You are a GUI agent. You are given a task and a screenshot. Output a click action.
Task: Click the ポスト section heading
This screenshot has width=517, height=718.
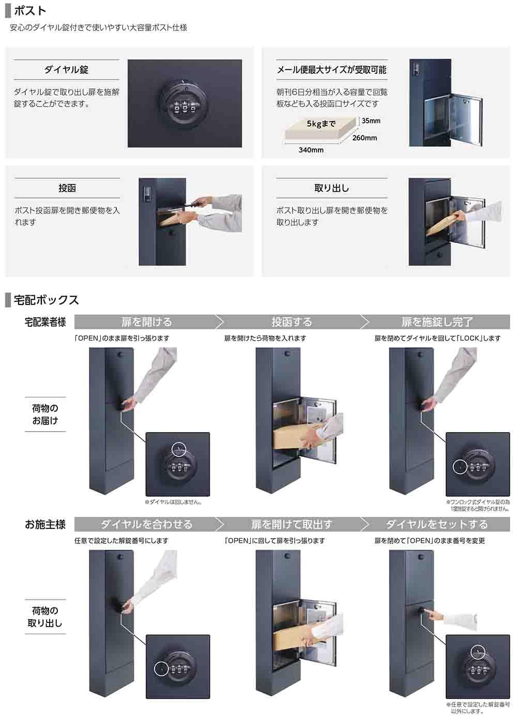(x=30, y=11)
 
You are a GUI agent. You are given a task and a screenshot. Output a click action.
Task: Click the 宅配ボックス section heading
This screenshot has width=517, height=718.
(x=46, y=300)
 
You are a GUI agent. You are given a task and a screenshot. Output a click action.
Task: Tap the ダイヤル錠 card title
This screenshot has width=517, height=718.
(x=66, y=70)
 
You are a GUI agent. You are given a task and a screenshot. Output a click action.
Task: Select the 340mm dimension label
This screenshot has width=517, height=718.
(x=311, y=150)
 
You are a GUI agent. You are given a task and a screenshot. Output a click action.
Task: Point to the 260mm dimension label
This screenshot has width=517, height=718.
(x=364, y=138)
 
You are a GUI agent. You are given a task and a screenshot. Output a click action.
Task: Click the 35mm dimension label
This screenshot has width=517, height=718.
(x=371, y=121)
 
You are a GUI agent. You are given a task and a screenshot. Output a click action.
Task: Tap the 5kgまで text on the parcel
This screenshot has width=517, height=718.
(x=321, y=124)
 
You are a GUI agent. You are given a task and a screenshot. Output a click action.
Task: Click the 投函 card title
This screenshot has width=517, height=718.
(x=67, y=188)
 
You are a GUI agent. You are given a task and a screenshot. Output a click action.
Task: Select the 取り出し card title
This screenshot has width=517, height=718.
(x=332, y=188)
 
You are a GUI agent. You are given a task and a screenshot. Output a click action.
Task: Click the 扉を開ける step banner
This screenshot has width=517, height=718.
(x=146, y=322)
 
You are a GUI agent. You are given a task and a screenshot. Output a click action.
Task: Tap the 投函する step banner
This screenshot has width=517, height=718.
(x=292, y=322)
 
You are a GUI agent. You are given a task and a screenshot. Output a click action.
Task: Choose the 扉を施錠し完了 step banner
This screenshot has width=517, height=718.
(x=436, y=322)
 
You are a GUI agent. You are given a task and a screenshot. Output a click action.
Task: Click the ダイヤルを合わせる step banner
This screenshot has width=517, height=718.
(x=146, y=524)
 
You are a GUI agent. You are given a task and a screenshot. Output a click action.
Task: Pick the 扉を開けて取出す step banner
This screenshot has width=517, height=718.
(x=292, y=524)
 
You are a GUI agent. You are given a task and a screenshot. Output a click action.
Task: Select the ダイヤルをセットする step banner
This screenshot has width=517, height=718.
(x=436, y=524)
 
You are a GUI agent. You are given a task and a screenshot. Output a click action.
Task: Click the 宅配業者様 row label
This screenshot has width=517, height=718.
(x=45, y=322)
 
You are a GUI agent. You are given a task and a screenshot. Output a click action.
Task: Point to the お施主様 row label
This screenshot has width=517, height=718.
(x=45, y=524)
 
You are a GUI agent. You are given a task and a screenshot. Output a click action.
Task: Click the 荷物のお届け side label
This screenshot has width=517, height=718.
(x=45, y=414)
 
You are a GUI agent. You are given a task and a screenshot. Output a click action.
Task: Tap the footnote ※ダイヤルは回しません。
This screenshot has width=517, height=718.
(x=173, y=502)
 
